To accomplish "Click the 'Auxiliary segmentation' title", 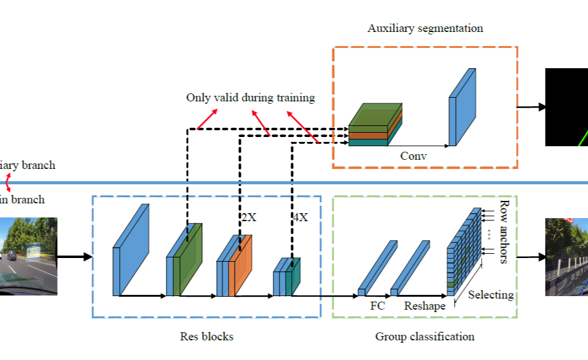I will click(425, 28).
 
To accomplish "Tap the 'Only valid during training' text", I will click(250, 98).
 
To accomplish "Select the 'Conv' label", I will click(413, 156).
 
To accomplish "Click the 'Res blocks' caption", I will click(206, 336).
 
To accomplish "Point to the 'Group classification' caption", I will click(425, 336).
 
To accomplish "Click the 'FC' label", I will click(377, 305).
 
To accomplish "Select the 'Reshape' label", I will click(425, 306).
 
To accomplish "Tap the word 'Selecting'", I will click(490, 295).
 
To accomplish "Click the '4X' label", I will click(300, 217).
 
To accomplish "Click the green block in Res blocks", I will click(190, 261).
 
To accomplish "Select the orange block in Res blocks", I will click(241, 267).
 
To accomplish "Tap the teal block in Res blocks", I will click(295, 278).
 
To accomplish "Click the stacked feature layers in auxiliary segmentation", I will click(375, 126).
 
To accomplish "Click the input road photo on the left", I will click(28, 256).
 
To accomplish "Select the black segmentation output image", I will click(566, 107).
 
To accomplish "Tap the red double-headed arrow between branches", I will click(9, 182).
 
